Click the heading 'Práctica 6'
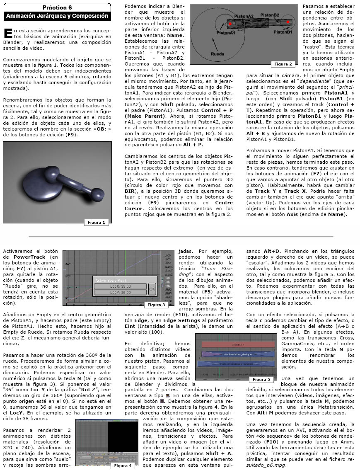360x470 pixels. (57, 8)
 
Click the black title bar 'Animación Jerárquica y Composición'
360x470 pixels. (57, 16)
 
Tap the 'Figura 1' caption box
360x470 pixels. (97, 223)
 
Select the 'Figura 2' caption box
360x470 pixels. (283, 64)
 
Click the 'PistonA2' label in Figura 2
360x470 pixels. (244, 16)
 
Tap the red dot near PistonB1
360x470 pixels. (288, 22)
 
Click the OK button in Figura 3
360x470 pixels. (152, 288)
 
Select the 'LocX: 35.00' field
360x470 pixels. (120, 286)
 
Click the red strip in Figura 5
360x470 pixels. (238, 344)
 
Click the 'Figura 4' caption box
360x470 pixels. (123, 465)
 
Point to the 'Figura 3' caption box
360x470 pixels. (157, 305)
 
